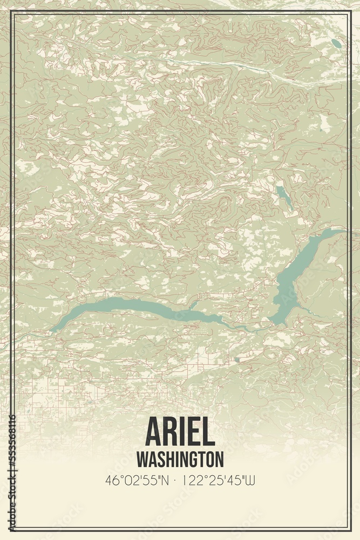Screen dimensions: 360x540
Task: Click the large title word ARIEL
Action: click(x=180, y=432)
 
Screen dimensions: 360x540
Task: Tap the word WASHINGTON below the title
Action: click(x=180, y=460)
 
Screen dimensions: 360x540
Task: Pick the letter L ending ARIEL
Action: click(x=208, y=432)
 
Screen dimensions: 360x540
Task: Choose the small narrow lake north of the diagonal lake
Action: click(x=284, y=197)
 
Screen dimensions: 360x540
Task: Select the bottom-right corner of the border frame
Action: click(x=349, y=530)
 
